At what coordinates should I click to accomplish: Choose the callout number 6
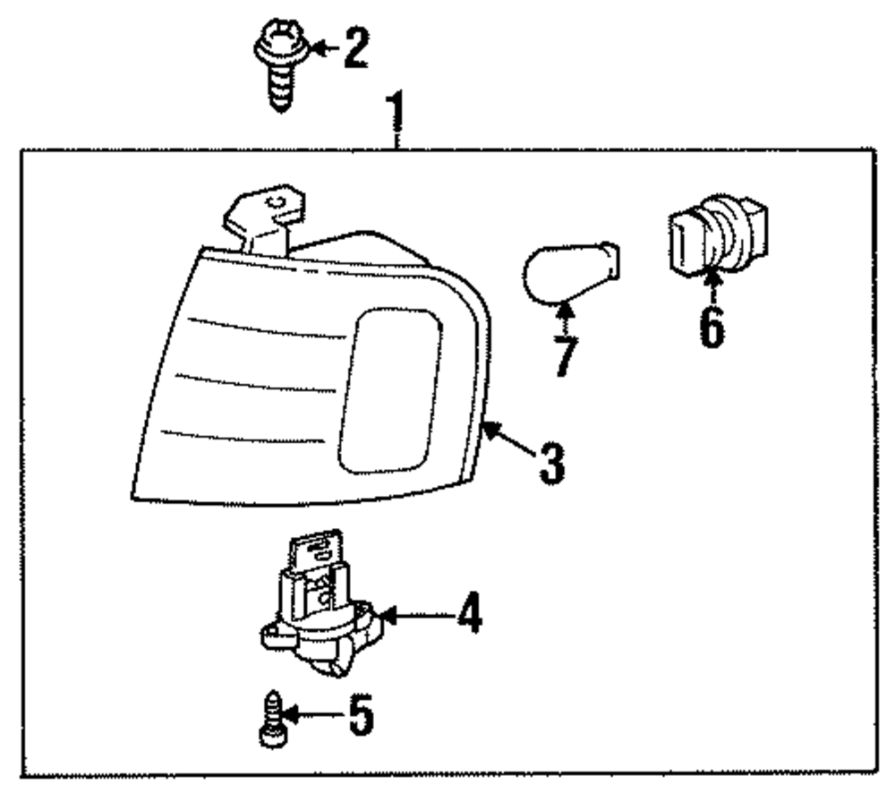[712, 328]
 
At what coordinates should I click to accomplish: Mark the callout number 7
[564, 355]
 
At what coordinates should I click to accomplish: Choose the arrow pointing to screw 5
[310, 715]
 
